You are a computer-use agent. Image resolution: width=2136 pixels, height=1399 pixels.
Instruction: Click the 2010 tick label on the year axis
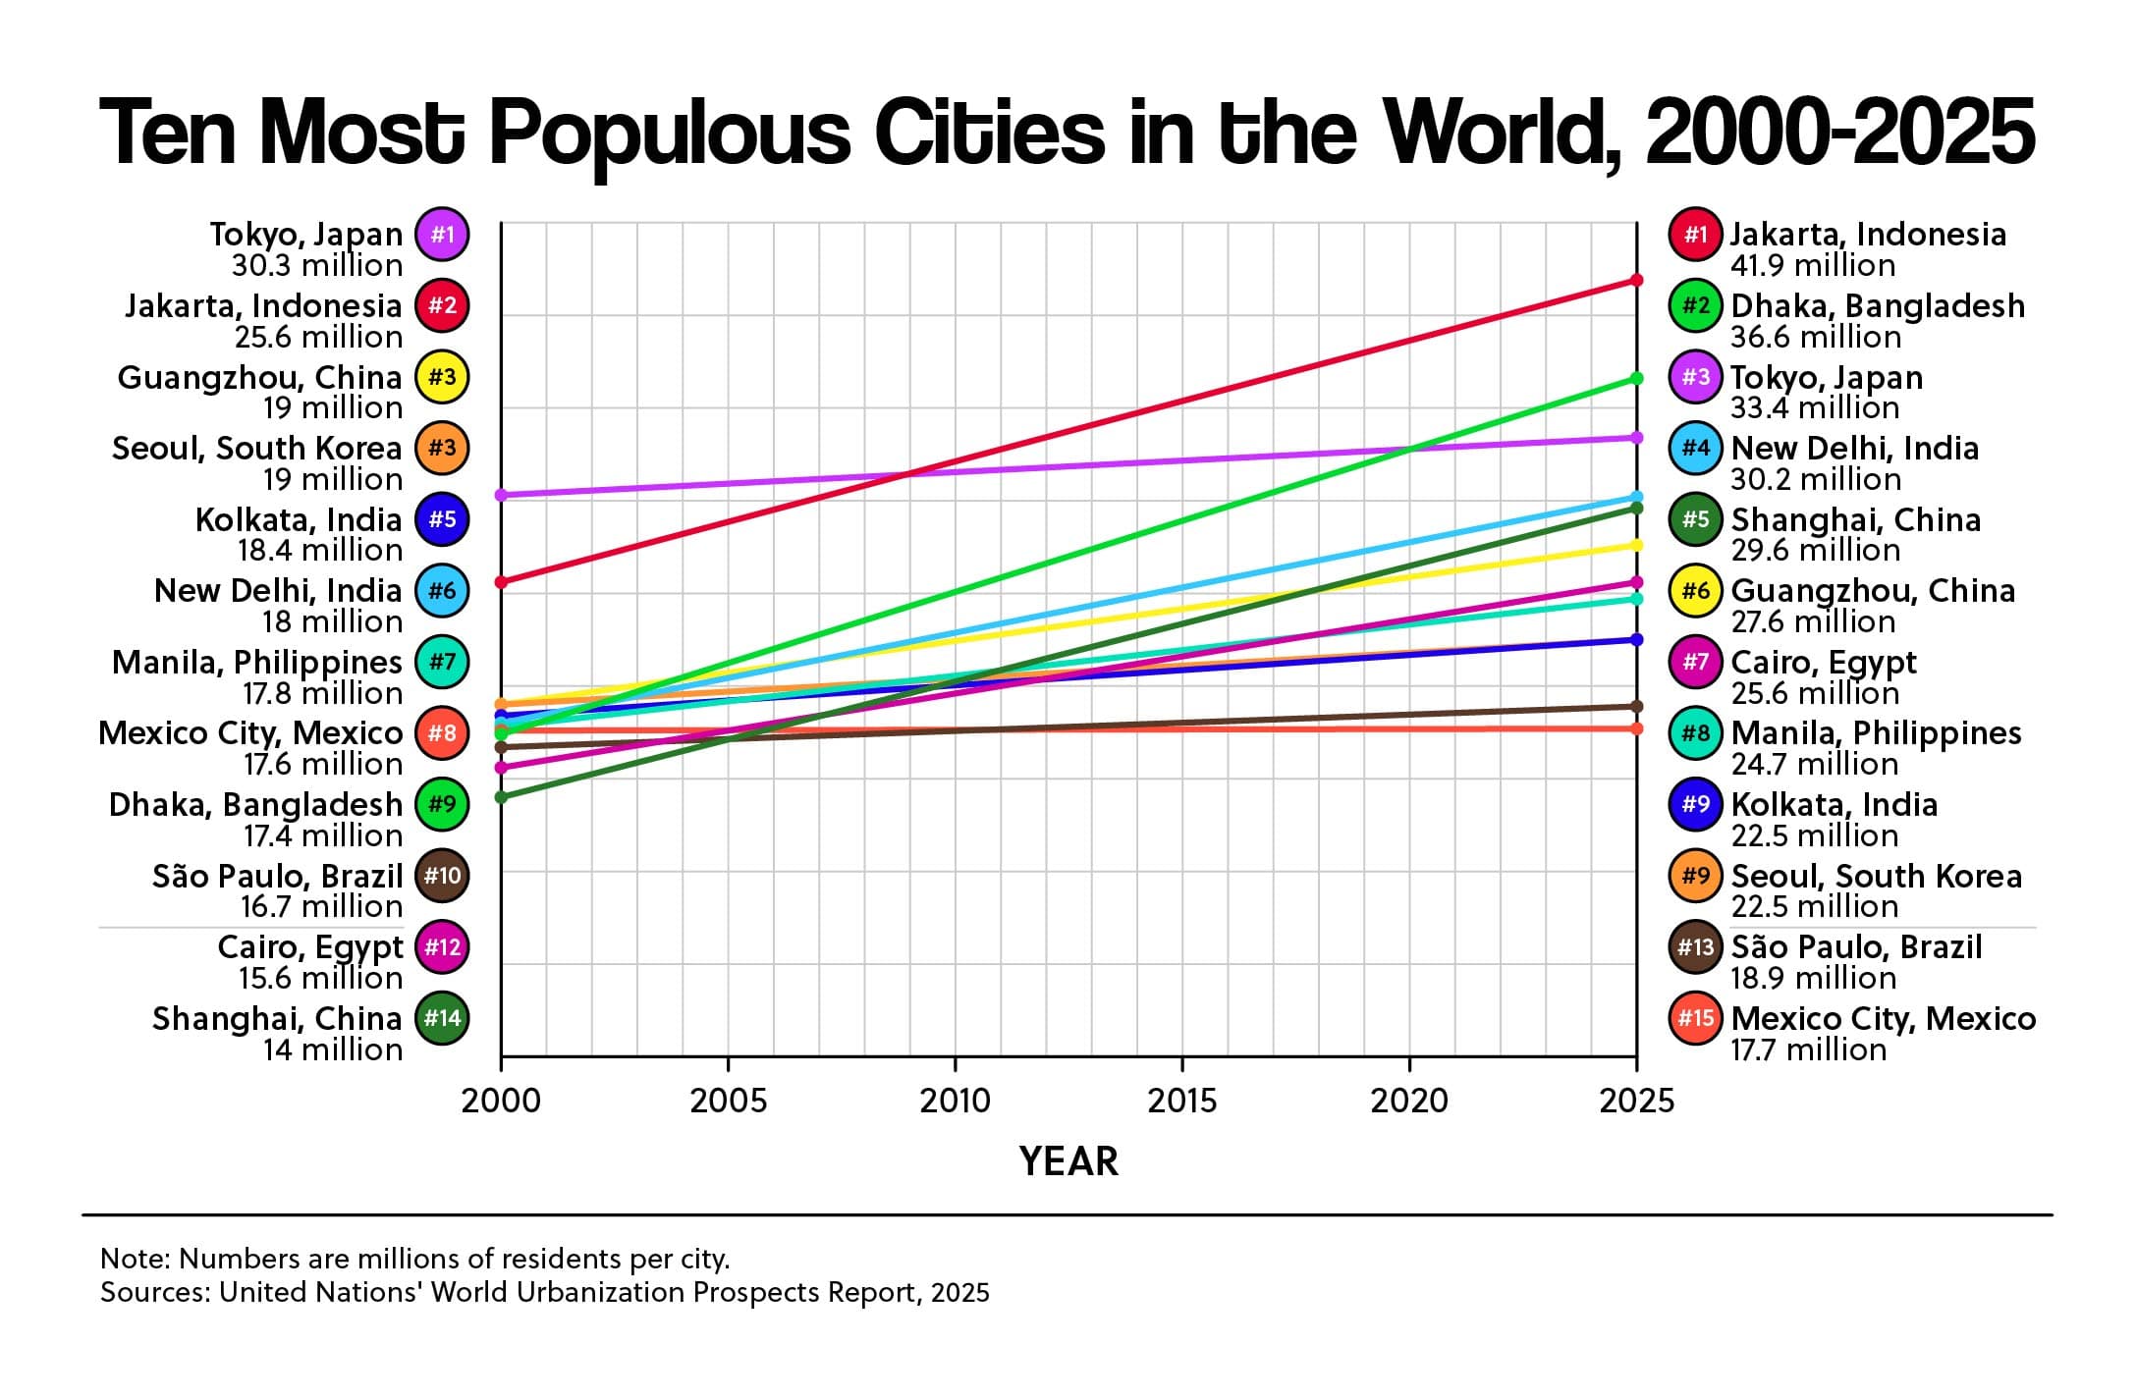pos(955,1101)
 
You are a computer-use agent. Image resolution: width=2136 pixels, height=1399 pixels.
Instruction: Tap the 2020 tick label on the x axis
pos(1409,1101)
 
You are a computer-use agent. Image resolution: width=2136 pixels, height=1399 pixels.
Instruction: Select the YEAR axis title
pos(1068,1161)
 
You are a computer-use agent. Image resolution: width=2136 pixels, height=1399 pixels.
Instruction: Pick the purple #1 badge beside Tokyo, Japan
pos(442,235)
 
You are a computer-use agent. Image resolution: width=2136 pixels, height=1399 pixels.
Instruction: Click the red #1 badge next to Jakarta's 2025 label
pos(1696,235)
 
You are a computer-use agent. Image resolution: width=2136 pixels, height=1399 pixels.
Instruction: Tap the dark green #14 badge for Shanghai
pos(442,1018)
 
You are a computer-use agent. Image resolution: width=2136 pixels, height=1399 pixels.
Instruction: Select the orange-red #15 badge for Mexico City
pos(1696,1018)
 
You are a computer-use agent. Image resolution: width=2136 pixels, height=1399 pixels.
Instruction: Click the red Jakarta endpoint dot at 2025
pos(1636,280)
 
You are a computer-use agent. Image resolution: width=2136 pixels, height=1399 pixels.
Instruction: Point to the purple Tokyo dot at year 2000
pos(501,495)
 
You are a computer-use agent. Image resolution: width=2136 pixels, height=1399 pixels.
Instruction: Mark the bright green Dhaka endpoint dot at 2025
pos(1636,378)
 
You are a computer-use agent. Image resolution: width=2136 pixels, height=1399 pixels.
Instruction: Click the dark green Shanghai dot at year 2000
pos(501,796)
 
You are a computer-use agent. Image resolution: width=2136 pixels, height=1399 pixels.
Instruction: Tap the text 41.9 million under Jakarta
pos(1813,265)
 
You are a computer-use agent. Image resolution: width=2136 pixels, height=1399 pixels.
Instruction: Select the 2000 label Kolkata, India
pos(299,519)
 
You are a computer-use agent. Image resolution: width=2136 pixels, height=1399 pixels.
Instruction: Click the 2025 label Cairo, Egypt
pos(1823,662)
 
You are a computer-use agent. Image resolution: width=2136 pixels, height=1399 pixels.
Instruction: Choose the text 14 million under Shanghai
pos(332,1049)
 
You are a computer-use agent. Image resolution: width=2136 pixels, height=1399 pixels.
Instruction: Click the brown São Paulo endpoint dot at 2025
pos(1636,707)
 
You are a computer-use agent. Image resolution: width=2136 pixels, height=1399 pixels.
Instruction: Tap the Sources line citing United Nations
pos(544,1292)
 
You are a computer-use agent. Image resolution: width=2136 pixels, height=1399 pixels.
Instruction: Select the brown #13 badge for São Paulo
pos(1696,946)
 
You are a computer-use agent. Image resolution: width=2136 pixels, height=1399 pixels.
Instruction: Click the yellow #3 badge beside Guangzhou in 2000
pos(442,377)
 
